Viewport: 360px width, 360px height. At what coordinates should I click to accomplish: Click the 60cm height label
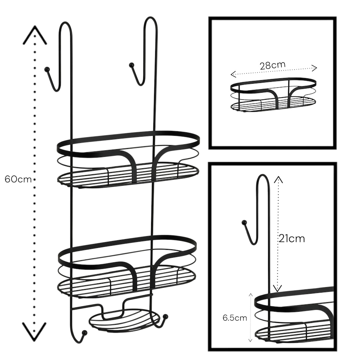coord(18,179)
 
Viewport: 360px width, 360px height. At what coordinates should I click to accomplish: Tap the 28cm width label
coord(272,64)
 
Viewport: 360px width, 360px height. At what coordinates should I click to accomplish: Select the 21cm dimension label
coord(291,238)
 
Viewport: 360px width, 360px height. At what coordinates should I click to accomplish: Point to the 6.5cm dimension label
coord(235,318)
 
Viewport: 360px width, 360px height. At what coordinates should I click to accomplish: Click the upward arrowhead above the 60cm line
coord(34,34)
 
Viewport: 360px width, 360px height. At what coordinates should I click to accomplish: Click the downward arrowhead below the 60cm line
coord(34,331)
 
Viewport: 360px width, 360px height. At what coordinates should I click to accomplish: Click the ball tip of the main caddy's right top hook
coord(131,65)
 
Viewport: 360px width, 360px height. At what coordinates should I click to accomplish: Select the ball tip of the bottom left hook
coord(84,332)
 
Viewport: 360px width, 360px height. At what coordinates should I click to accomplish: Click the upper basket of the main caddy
coord(127,159)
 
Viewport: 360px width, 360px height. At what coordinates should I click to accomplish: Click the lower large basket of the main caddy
coord(127,266)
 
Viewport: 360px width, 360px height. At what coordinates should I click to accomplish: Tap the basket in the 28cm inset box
coord(273,95)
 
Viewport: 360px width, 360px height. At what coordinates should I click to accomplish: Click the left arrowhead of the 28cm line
coord(232,74)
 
